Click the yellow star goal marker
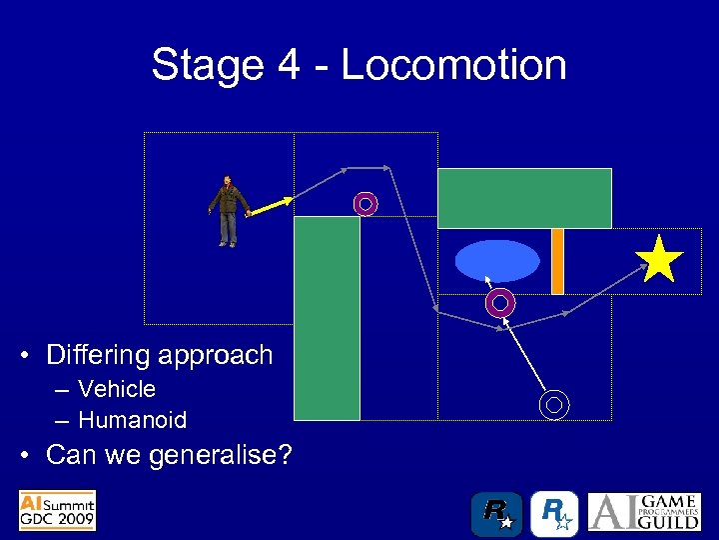click(x=660, y=260)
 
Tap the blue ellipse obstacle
click(x=497, y=261)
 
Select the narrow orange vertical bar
click(x=557, y=261)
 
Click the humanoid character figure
click(x=230, y=210)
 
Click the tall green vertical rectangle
click(x=327, y=318)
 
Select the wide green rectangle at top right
click(x=524, y=198)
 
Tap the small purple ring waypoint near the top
click(x=365, y=204)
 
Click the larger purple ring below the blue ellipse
click(x=500, y=301)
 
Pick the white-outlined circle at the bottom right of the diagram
click(x=555, y=404)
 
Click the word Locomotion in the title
click(x=453, y=65)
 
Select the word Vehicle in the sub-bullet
click(x=117, y=389)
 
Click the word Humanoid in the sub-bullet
click(x=132, y=420)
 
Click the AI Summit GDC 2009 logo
click(x=57, y=510)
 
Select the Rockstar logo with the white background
click(x=554, y=514)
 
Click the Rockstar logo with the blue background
click(x=496, y=514)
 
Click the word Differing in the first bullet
click(x=94, y=355)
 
